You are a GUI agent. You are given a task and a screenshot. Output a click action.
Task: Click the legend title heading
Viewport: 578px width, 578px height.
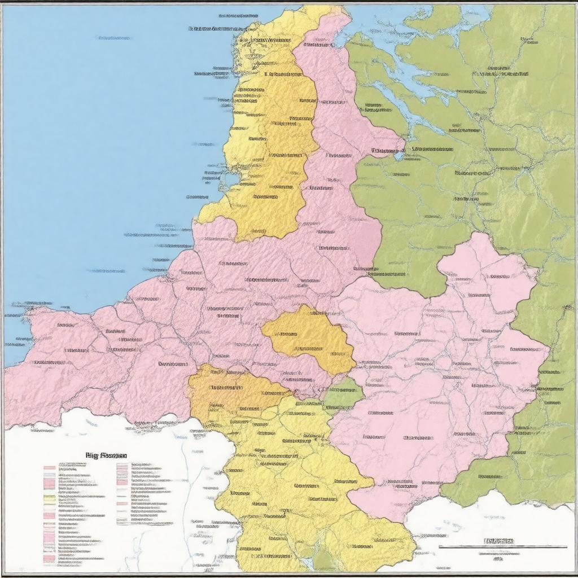click(106, 455)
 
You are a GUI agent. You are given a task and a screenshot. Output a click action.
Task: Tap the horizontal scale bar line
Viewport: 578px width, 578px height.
click(502, 547)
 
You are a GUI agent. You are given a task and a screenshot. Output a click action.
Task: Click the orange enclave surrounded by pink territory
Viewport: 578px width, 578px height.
click(308, 339)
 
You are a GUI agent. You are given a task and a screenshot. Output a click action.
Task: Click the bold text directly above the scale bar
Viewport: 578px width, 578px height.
click(499, 541)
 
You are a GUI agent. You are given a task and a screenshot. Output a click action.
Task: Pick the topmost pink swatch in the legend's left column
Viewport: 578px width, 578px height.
click(50, 468)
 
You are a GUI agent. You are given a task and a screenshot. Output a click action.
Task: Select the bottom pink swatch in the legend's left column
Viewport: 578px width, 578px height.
click(50, 559)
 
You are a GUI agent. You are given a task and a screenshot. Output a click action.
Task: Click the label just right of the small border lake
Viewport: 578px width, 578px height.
click(432, 150)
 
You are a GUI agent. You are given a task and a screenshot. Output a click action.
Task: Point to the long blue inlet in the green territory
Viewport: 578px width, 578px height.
click(418, 85)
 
